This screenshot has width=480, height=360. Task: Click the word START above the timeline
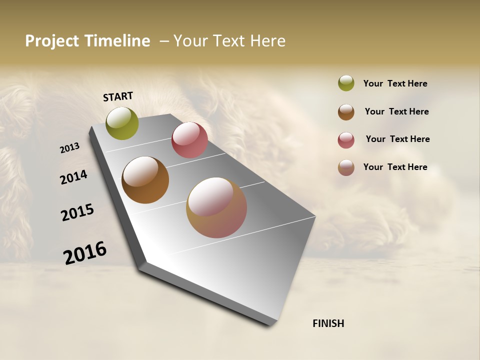(x=118, y=96)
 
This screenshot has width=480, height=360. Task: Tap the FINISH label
(x=328, y=323)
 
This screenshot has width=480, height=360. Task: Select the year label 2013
(x=70, y=148)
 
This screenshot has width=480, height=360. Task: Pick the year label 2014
(x=74, y=177)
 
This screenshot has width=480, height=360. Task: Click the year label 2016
(x=85, y=252)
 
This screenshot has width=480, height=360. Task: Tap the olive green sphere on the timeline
(x=122, y=123)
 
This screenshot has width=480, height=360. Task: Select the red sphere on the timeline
(x=189, y=140)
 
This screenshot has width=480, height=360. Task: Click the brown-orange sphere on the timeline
(x=145, y=180)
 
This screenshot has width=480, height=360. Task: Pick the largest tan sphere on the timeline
(x=216, y=207)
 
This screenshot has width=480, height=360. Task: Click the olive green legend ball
(x=346, y=83)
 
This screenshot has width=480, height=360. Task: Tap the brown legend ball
(x=346, y=112)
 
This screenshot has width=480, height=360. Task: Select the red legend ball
(x=346, y=140)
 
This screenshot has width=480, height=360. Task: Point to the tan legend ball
(x=346, y=167)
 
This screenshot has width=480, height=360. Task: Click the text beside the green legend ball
(x=395, y=83)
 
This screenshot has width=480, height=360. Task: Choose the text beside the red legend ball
(x=397, y=139)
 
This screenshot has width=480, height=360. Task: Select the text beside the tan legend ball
(x=395, y=167)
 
